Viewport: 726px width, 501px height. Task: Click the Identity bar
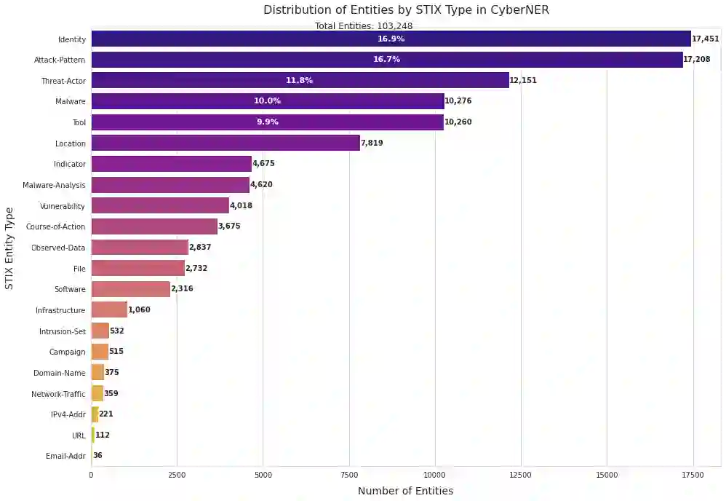(391, 39)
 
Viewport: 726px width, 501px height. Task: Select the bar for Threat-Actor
(300, 80)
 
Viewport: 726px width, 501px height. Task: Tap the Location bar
(226, 143)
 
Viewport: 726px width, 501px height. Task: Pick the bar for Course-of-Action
(154, 226)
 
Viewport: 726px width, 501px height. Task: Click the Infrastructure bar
(109, 310)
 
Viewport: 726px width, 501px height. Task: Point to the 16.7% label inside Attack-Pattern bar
(386, 60)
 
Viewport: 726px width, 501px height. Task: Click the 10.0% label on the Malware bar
(267, 101)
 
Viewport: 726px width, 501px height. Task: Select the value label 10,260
(458, 122)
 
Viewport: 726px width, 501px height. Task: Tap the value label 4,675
(263, 164)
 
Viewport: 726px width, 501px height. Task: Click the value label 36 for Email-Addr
(97, 456)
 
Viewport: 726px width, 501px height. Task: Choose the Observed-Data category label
(58, 248)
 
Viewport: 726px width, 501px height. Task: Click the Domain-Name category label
(59, 373)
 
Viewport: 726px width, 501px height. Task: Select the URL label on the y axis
(79, 435)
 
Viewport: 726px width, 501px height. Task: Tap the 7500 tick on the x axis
(349, 475)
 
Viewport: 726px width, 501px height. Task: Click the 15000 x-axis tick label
(607, 475)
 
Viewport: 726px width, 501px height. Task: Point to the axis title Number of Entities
(405, 491)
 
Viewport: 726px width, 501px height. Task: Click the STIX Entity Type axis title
(9, 248)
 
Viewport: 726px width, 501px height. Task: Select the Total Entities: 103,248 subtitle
(364, 26)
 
